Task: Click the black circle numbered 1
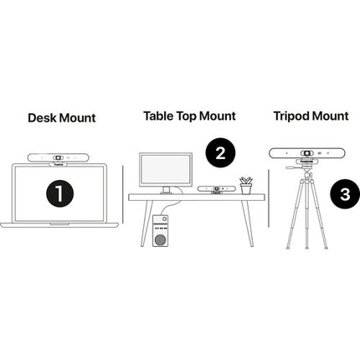(x=59, y=193)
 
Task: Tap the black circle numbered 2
(x=220, y=152)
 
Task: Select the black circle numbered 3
(x=345, y=194)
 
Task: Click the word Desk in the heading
(x=42, y=118)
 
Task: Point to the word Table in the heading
(x=158, y=116)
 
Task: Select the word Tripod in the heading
(x=291, y=116)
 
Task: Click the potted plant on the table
(x=246, y=185)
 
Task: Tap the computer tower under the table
(x=160, y=231)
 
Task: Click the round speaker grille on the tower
(x=160, y=239)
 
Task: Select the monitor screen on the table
(x=166, y=169)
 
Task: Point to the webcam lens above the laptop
(x=59, y=157)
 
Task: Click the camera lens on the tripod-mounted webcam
(x=306, y=153)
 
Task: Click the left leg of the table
(x=147, y=223)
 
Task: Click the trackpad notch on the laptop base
(x=59, y=224)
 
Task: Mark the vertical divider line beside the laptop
(x=123, y=194)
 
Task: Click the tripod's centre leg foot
(x=307, y=247)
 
